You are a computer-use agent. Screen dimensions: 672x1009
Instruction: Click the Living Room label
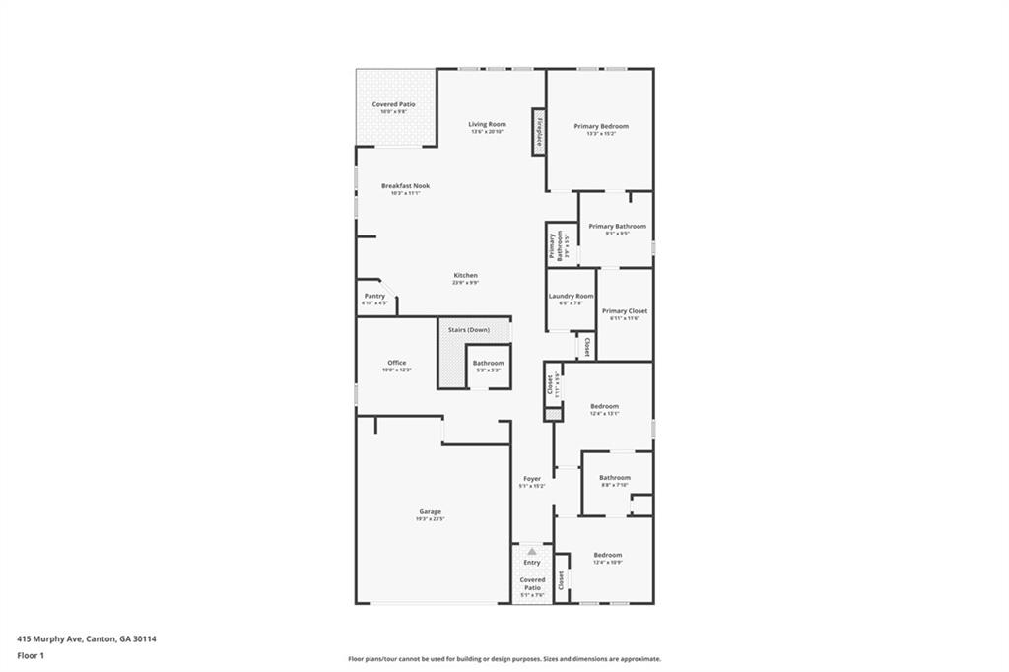click(487, 124)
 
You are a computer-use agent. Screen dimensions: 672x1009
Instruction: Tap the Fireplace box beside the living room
click(539, 131)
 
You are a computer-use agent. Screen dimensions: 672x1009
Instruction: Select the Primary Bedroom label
click(600, 126)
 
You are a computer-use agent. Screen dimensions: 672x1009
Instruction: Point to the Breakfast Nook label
click(406, 185)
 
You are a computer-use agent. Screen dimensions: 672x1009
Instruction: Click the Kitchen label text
click(465, 275)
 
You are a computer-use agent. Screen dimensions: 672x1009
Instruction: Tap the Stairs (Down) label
click(469, 329)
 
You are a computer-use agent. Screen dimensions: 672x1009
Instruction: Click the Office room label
click(396, 363)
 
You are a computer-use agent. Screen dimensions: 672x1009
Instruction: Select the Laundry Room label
click(571, 296)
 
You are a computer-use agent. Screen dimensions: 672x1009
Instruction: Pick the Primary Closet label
click(625, 310)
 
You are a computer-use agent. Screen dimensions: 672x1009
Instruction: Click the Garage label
click(430, 511)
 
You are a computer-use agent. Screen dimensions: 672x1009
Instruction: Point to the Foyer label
click(531, 479)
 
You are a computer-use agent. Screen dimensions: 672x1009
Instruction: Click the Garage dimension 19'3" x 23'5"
click(430, 519)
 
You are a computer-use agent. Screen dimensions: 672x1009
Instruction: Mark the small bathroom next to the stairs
click(488, 366)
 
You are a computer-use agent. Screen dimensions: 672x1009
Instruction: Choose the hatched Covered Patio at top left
click(394, 106)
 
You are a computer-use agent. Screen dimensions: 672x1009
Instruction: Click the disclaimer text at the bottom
click(504, 659)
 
